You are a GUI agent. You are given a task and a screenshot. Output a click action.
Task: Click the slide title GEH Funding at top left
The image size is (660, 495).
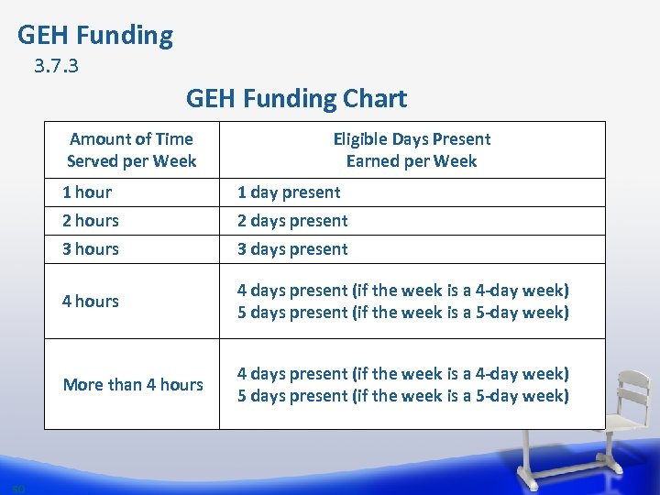(x=95, y=36)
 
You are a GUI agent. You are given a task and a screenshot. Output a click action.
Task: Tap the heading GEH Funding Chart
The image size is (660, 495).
(x=296, y=98)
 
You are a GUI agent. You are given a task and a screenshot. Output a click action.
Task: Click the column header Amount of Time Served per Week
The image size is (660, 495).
(x=131, y=150)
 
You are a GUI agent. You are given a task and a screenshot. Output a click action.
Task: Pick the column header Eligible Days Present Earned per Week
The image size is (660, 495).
(x=412, y=150)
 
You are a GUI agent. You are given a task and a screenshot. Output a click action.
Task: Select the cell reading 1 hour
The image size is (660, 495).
(x=87, y=192)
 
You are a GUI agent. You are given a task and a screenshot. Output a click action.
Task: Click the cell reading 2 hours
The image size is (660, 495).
(x=91, y=221)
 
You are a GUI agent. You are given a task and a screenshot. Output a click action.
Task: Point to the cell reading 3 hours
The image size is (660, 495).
(x=91, y=249)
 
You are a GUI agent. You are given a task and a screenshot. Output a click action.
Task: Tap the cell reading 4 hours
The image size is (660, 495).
(x=91, y=302)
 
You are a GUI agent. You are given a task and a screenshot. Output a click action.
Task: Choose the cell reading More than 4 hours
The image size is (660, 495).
(x=133, y=385)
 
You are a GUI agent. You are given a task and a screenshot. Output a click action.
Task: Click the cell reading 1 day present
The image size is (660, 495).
(x=289, y=192)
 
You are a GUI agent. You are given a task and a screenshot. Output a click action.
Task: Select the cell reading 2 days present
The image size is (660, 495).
(x=292, y=221)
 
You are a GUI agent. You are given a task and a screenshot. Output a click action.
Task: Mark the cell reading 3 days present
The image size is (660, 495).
(x=292, y=249)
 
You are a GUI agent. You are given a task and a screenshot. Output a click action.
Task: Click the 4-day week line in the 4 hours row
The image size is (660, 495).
(x=403, y=291)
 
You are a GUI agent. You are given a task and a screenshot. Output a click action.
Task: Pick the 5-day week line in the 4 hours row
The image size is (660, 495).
(x=403, y=313)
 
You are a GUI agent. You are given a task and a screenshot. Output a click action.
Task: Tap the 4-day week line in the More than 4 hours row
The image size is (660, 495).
(x=403, y=374)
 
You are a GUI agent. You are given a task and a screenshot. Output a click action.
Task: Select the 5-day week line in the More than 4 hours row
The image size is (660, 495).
(x=403, y=396)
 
